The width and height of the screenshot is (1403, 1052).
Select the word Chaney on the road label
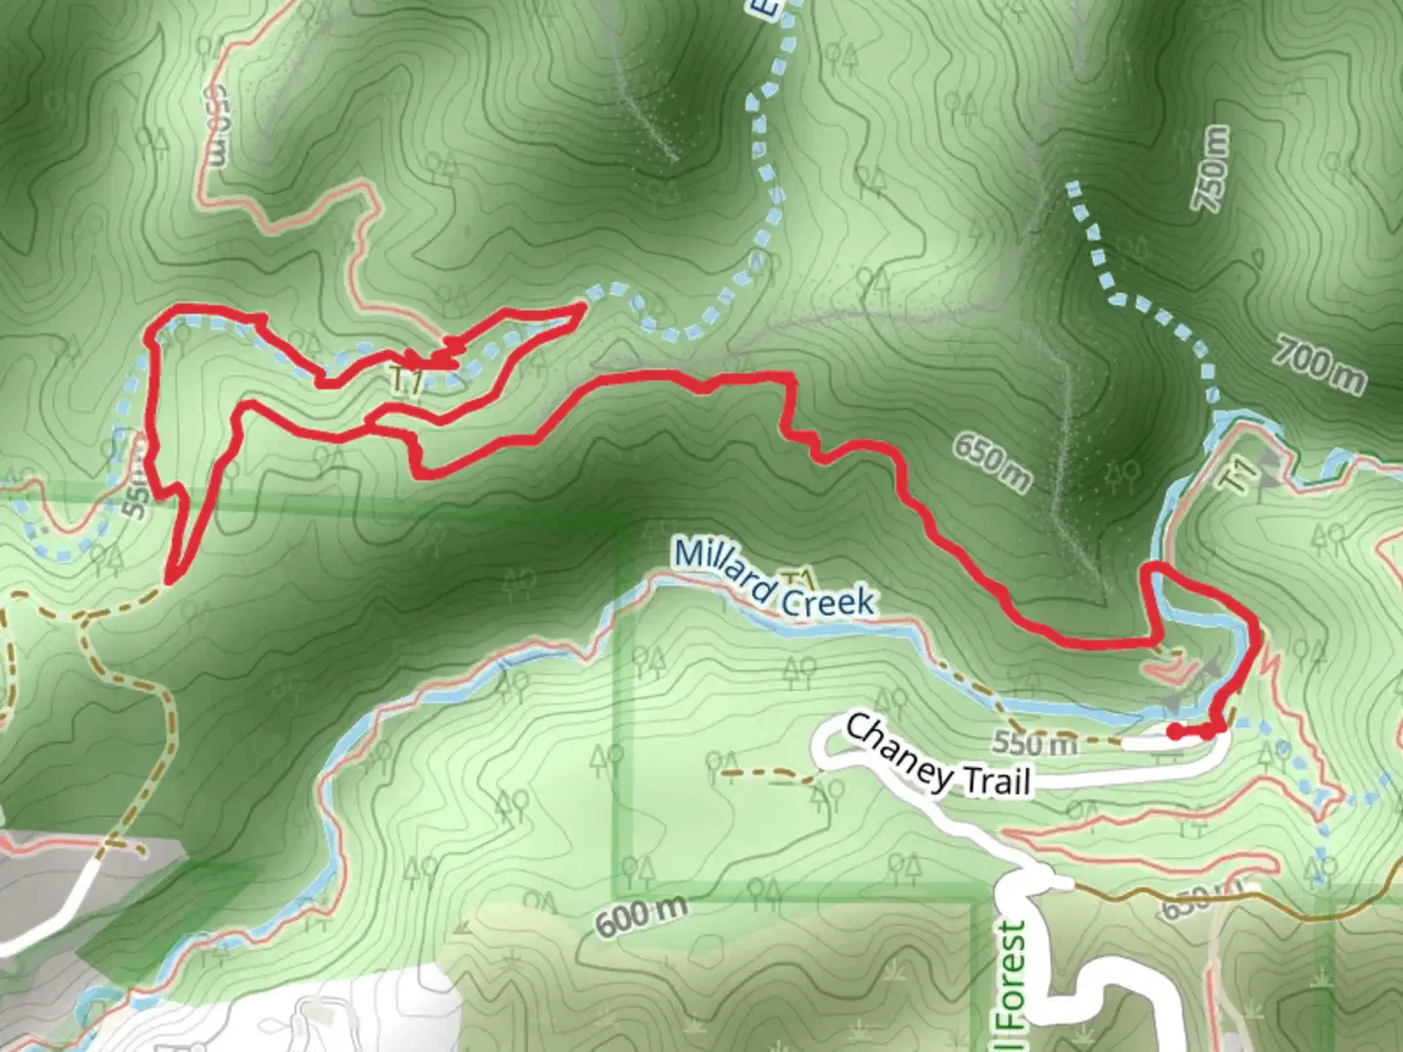point(898,752)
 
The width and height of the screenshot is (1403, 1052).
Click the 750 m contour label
point(1210,169)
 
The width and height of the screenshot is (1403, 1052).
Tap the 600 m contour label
point(641,916)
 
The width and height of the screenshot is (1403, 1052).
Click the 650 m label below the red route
point(991,461)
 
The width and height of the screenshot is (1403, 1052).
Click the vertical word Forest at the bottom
point(1013,974)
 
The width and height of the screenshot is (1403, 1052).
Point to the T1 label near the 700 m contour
point(1240,476)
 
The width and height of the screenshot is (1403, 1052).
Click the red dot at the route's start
point(1176,731)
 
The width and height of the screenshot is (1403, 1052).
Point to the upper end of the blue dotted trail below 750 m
point(1073,185)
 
